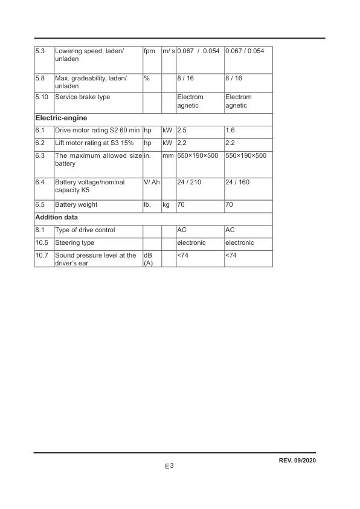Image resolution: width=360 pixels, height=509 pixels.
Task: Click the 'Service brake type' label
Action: pyautogui.click(x=83, y=97)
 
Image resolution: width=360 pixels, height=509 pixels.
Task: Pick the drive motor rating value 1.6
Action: pyautogui.click(x=230, y=131)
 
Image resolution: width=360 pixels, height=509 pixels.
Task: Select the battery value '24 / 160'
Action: pyautogui.click(x=237, y=182)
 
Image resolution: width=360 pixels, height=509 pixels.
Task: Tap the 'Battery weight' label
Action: pyautogui.click(x=76, y=205)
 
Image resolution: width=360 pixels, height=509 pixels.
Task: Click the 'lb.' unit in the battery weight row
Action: pyautogui.click(x=147, y=205)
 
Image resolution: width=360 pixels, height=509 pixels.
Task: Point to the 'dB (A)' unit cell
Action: pyautogui.click(x=149, y=259)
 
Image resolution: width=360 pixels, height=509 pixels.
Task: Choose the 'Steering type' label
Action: pyautogui.click(x=75, y=243)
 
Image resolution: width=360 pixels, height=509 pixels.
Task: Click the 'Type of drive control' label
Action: pyautogui.click(x=85, y=230)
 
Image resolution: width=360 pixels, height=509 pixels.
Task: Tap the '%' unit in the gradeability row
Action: pyautogui.click(x=147, y=79)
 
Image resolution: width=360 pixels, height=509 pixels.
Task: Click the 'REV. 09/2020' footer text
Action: pyautogui.click(x=297, y=461)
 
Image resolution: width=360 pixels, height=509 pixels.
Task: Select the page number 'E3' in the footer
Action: pyautogui.click(x=169, y=467)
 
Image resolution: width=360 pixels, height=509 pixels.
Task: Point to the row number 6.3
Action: pyautogui.click(x=40, y=156)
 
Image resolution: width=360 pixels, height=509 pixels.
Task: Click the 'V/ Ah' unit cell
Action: pyautogui.click(x=151, y=182)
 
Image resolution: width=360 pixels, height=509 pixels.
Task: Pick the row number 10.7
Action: pyautogui.click(x=42, y=256)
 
